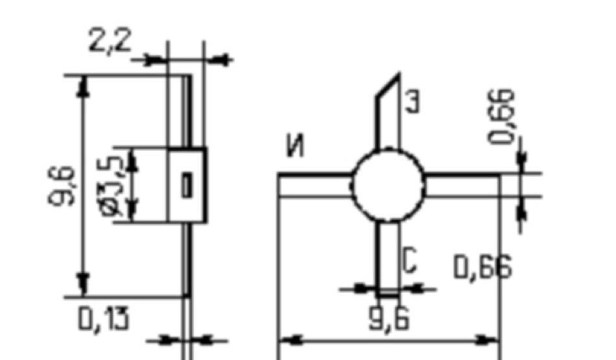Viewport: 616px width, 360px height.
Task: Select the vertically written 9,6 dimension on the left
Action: point(62,185)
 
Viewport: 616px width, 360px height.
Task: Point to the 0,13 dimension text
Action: point(103,318)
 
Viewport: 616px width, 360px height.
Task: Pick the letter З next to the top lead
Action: point(412,102)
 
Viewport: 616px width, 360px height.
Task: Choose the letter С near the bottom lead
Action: point(409,261)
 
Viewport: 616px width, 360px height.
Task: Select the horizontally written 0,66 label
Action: point(482,267)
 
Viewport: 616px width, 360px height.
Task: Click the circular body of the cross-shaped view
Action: point(388,186)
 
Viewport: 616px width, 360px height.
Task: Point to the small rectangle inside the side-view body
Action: point(187,186)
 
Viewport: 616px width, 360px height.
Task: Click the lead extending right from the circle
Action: point(462,175)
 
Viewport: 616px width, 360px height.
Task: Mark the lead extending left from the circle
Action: point(315,175)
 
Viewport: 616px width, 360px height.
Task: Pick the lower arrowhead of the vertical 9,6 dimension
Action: point(82,284)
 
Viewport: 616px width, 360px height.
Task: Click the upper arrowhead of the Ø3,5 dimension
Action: point(132,159)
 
